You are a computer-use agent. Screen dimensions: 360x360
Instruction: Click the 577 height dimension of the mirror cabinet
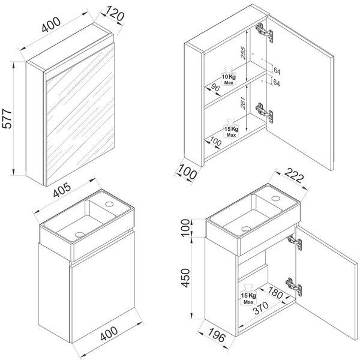(x=7, y=119)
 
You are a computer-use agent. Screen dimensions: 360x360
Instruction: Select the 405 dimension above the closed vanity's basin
(x=62, y=190)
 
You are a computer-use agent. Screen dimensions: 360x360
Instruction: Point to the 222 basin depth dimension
(x=294, y=175)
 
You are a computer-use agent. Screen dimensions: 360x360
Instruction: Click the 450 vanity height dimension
(x=185, y=278)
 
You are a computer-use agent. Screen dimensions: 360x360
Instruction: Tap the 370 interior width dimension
(x=260, y=308)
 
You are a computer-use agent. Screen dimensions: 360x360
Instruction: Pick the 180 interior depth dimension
(x=275, y=293)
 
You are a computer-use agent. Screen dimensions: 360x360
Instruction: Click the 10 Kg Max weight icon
(x=229, y=76)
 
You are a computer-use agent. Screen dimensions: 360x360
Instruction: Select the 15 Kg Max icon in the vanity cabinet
(x=248, y=295)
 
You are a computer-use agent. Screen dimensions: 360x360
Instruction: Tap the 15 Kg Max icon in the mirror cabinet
(x=231, y=128)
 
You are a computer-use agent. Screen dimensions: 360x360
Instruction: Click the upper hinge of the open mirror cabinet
(x=265, y=32)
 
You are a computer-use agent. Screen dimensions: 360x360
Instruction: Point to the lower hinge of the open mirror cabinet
(x=265, y=113)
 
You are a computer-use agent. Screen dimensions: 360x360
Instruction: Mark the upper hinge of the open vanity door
(x=295, y=242)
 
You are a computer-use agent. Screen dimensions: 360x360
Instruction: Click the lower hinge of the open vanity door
(x=294, y=286)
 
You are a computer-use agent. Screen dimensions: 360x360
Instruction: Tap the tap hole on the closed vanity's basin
(x=109, y=203)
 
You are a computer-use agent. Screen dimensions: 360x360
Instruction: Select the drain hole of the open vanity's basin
(x=246, y=229)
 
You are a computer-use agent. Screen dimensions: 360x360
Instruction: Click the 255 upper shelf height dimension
(x=243, y=53)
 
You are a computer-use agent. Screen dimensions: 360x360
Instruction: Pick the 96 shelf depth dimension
(x=215, y=88)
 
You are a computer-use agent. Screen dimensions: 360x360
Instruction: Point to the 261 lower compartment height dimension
(x=243, y=103)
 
